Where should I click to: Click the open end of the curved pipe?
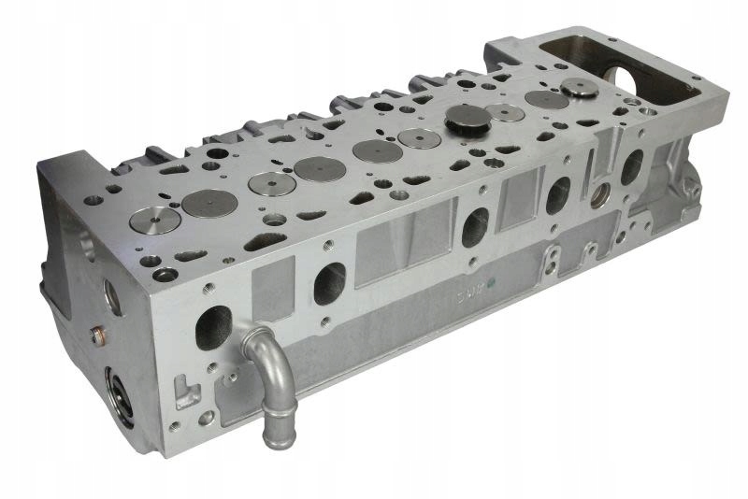click(x=278, y=435)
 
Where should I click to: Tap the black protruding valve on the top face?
click(x=461, y=119)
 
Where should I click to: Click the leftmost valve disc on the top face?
click(x=155, y=221)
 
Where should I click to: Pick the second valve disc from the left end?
click(x=207, y=200)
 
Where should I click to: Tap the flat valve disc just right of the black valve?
click(x=506, y=112)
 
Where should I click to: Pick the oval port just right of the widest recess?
click(x=474, y=225)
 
